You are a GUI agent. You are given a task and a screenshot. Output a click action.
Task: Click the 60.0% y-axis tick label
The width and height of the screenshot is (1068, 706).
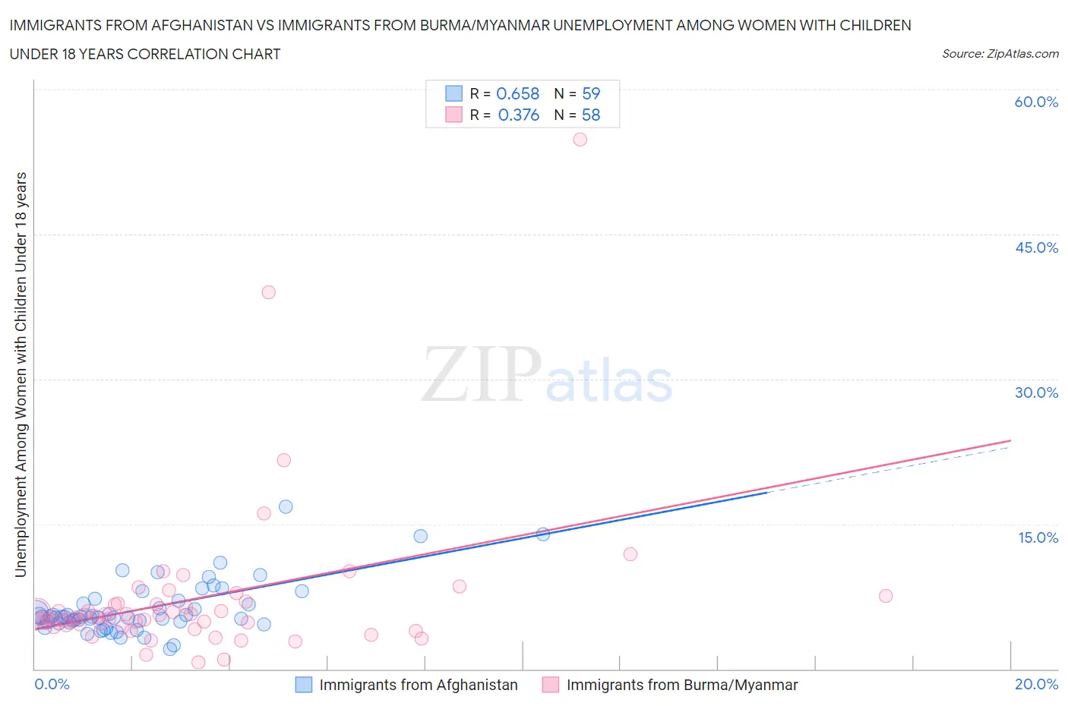click(1036, 102)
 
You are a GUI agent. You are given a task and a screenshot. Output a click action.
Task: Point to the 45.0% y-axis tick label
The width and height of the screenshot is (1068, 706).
click(1036, 247)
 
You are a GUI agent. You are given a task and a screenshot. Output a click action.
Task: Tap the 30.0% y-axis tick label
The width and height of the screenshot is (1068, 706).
click(1036, 392)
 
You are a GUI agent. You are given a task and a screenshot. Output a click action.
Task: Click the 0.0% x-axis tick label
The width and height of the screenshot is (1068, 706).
click(52, 684)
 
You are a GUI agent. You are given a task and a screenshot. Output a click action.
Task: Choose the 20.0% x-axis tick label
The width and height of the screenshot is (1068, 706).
click(1036, 684)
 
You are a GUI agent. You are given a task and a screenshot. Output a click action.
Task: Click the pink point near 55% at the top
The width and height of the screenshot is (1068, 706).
click(580, 139)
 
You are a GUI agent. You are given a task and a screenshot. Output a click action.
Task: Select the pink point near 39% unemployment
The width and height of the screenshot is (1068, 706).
click(268, 292)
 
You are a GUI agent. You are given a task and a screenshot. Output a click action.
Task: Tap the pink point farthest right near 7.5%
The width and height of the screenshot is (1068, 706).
click(885, 596)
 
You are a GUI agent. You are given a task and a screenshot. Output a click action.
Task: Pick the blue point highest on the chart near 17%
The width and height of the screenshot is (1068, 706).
click(286, 506)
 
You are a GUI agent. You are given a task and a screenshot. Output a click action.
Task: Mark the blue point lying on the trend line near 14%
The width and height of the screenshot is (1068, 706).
click(543, 534)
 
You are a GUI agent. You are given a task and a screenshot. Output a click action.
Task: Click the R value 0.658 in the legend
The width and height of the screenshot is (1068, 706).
click(517, 93)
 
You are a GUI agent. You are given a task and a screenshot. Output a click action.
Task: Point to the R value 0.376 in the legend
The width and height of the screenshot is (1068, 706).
click(518, 115)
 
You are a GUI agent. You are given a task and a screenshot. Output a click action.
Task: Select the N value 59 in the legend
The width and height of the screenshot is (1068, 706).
click(591, 93)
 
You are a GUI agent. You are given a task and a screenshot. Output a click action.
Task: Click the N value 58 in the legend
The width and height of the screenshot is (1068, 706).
click(591, 115)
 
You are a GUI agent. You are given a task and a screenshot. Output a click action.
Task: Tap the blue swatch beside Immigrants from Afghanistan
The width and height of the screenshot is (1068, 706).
click(303, 685)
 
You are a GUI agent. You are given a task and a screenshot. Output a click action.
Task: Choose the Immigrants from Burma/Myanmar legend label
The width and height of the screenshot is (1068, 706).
click(681, 685)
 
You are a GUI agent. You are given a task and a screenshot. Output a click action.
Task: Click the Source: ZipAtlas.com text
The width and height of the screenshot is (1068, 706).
click(1000, 53)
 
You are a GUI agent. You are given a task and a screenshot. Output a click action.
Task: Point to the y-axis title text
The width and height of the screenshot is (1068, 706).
click(21, 374)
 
